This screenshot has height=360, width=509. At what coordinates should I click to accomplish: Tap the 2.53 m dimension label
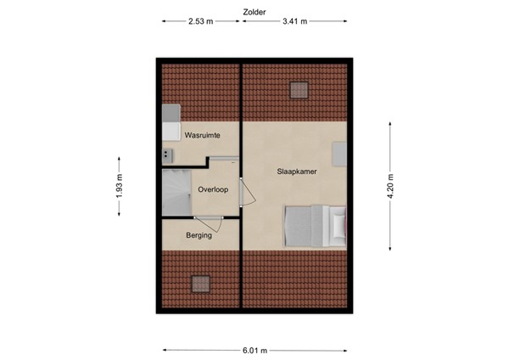(200, 22)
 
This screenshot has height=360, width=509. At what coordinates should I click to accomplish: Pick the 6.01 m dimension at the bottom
(255, 350)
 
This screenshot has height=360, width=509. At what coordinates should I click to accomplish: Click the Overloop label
(213, 190)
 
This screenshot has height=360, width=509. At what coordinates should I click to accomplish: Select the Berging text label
(199, 235)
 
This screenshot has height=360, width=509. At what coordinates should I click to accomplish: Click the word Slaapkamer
(295, 171)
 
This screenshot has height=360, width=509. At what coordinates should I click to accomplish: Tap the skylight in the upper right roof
(299, 89)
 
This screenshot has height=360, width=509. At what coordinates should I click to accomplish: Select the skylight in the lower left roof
(201, 284)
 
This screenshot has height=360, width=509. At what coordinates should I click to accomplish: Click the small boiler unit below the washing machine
(167, 154)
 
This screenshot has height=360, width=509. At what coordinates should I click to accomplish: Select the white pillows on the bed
(340, 224)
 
